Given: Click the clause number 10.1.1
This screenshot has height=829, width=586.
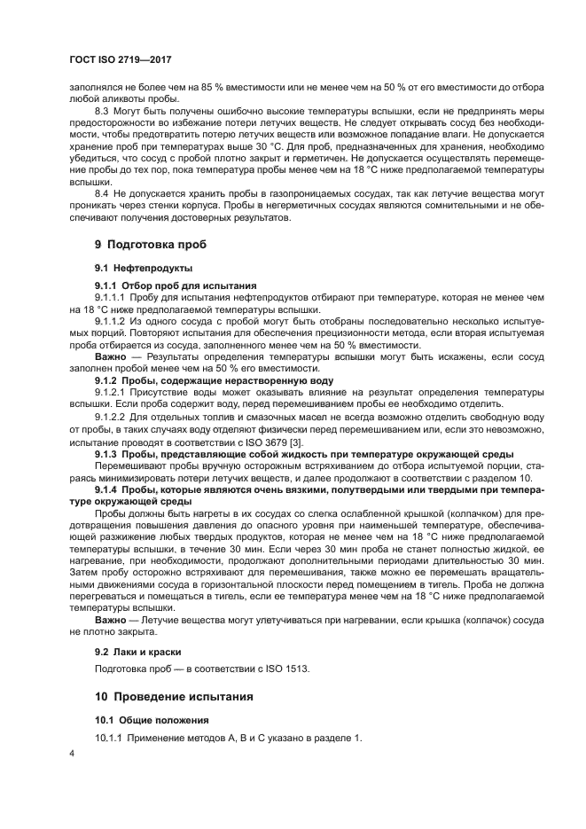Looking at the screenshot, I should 110,739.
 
